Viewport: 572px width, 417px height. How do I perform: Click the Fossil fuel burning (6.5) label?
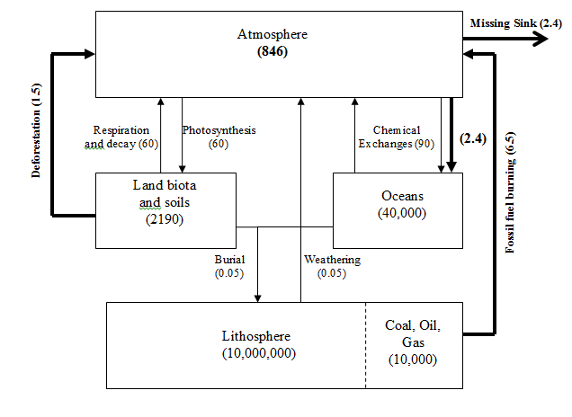(510, 193)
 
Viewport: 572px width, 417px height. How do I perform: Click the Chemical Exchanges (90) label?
(389, 137)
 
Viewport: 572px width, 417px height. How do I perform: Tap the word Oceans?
(397, 195)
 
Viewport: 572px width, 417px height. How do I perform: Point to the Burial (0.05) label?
(228, 266)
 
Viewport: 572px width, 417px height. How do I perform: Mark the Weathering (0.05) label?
(332, 266)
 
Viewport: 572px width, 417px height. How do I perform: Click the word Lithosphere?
(258, 336)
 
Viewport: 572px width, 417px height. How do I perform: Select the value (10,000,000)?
(258, 353)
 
